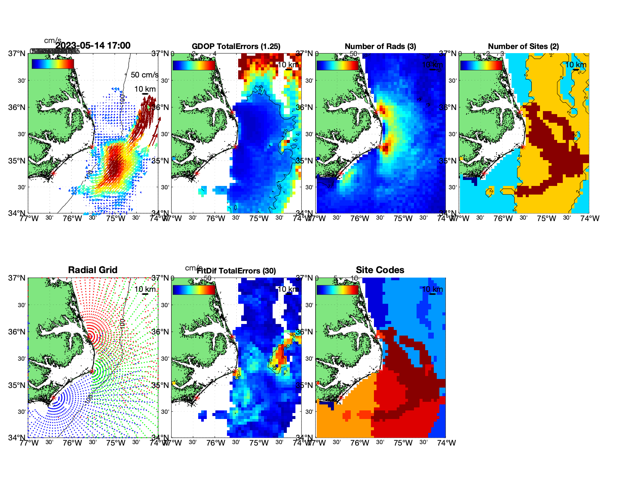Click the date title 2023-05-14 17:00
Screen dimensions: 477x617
[x=93, y=46]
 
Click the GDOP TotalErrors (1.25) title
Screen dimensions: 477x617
[x=236, y=46]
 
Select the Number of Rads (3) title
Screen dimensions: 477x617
[x=380, y=46]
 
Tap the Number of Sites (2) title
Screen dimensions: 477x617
[x=523, y=46]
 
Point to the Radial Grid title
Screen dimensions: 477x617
[x=93, y=270]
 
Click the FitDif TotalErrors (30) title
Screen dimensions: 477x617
[x=236, y=271]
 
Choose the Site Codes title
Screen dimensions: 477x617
[x=380, y=270]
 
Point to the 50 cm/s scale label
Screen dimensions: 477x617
[x=144, y=75]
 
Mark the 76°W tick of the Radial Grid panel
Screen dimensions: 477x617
[x=72, y=443]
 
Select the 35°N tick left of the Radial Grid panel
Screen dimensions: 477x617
[x=18, y=385]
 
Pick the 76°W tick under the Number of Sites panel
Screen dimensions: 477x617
[x=503, y=218]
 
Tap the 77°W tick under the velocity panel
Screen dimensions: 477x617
[x=29, y=218]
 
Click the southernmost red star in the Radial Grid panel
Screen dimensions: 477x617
[x=53, y=398]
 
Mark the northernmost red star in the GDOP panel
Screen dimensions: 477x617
[x=232, y=112]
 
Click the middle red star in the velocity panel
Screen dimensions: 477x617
[x=92, y=147]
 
